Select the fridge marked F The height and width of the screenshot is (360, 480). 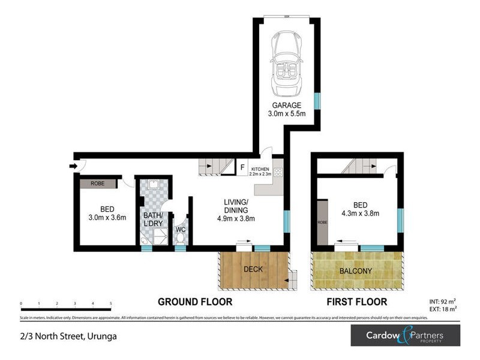click(242, 168)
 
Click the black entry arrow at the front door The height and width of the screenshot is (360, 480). click(74, 166)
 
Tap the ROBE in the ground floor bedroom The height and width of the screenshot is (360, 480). click(98, 184)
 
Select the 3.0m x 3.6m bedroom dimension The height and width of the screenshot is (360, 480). click(107, 218)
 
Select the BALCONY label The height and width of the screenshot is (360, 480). click(356, 271)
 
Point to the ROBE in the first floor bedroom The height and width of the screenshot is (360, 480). click(321, 223)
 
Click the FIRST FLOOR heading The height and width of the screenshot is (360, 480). click(356, 302)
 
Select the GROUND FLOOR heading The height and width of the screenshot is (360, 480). click(194, 302)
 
